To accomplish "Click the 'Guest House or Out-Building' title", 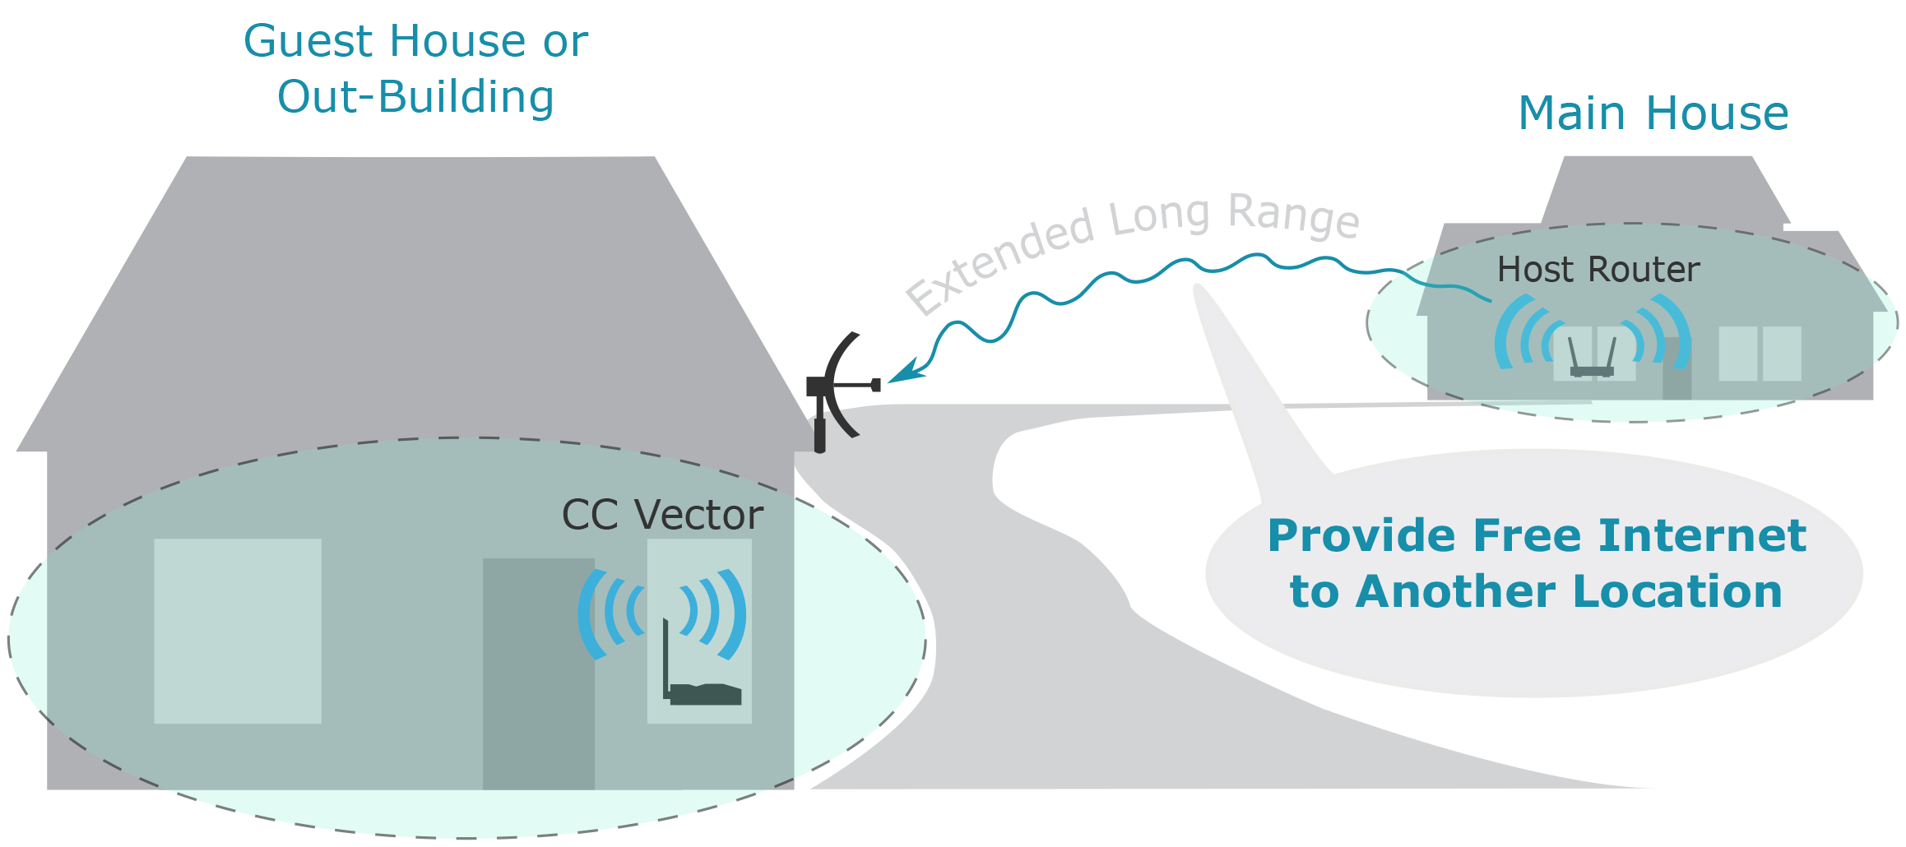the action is click(415, 68).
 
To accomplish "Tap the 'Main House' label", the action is click(1653, 113).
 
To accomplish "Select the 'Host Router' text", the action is click(1598, 270).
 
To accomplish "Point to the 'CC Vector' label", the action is click(662, 516).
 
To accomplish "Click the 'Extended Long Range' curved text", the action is click(1132, 247).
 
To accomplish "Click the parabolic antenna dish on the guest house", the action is click(839, 385).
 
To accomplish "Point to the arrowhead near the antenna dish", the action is click(907, 372).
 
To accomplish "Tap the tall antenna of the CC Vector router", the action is click(665, 658).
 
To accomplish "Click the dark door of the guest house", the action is click(539, 673).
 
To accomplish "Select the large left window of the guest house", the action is click(238, 631).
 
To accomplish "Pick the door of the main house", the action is click(1676, 368).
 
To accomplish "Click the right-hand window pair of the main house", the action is click(1760, 354).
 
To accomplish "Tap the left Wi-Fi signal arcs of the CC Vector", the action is click(611, 613).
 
